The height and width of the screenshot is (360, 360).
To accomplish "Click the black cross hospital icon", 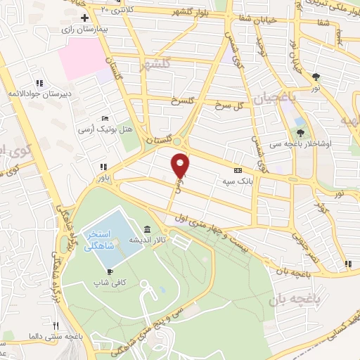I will coord(85,17).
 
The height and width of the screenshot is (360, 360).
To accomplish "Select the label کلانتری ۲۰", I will coord(115,8).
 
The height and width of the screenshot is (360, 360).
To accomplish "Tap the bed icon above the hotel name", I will coord(105,118).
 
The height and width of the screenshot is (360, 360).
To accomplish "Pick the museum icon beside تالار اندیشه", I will coord(146,229).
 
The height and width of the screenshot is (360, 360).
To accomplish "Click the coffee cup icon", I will coord(110,271).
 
